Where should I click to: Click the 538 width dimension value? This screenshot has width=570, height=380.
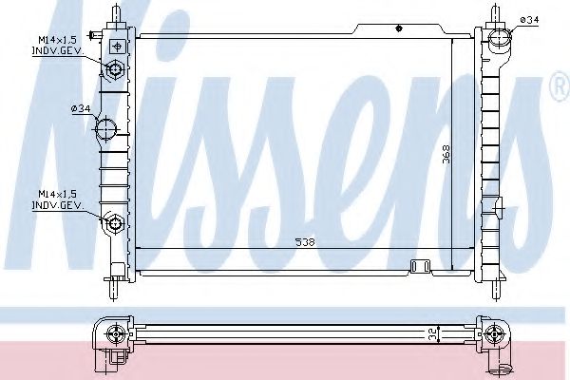(305, 242)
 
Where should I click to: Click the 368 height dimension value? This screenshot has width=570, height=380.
(446, 155)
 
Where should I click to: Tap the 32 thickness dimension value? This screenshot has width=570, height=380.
(433, 333)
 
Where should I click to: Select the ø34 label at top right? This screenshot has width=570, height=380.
(529, 20)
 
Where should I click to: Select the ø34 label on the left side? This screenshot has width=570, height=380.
(81, 108)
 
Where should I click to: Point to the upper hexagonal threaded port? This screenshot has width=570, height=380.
(115, 68)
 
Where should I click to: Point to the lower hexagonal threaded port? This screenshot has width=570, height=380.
(115, 222)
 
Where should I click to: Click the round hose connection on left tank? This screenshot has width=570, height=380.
(105, 129)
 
